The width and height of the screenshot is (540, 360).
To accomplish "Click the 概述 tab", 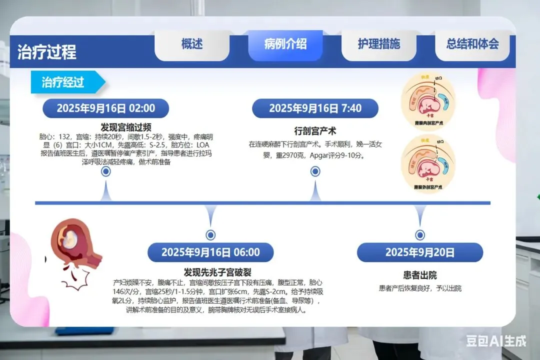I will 192,44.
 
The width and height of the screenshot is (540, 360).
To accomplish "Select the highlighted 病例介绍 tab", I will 285,44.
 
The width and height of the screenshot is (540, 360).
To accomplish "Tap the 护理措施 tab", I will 378,44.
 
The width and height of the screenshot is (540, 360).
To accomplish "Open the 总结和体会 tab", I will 472,44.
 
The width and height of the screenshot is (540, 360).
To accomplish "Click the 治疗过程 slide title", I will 47,52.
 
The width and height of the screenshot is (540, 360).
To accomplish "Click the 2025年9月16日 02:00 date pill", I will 105,108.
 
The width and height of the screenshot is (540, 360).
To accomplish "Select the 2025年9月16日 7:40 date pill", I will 315,108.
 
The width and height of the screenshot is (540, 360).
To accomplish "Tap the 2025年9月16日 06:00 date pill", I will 210,252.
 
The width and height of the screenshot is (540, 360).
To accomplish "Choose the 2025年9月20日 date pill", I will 419,252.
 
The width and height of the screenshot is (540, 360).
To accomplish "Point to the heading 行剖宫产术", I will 315,131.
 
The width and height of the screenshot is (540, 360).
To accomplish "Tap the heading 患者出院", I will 419,275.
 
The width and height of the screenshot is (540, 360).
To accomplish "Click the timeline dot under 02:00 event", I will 105,172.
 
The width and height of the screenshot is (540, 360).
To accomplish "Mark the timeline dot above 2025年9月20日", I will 420,235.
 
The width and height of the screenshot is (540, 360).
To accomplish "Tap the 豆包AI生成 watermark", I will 496,341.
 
